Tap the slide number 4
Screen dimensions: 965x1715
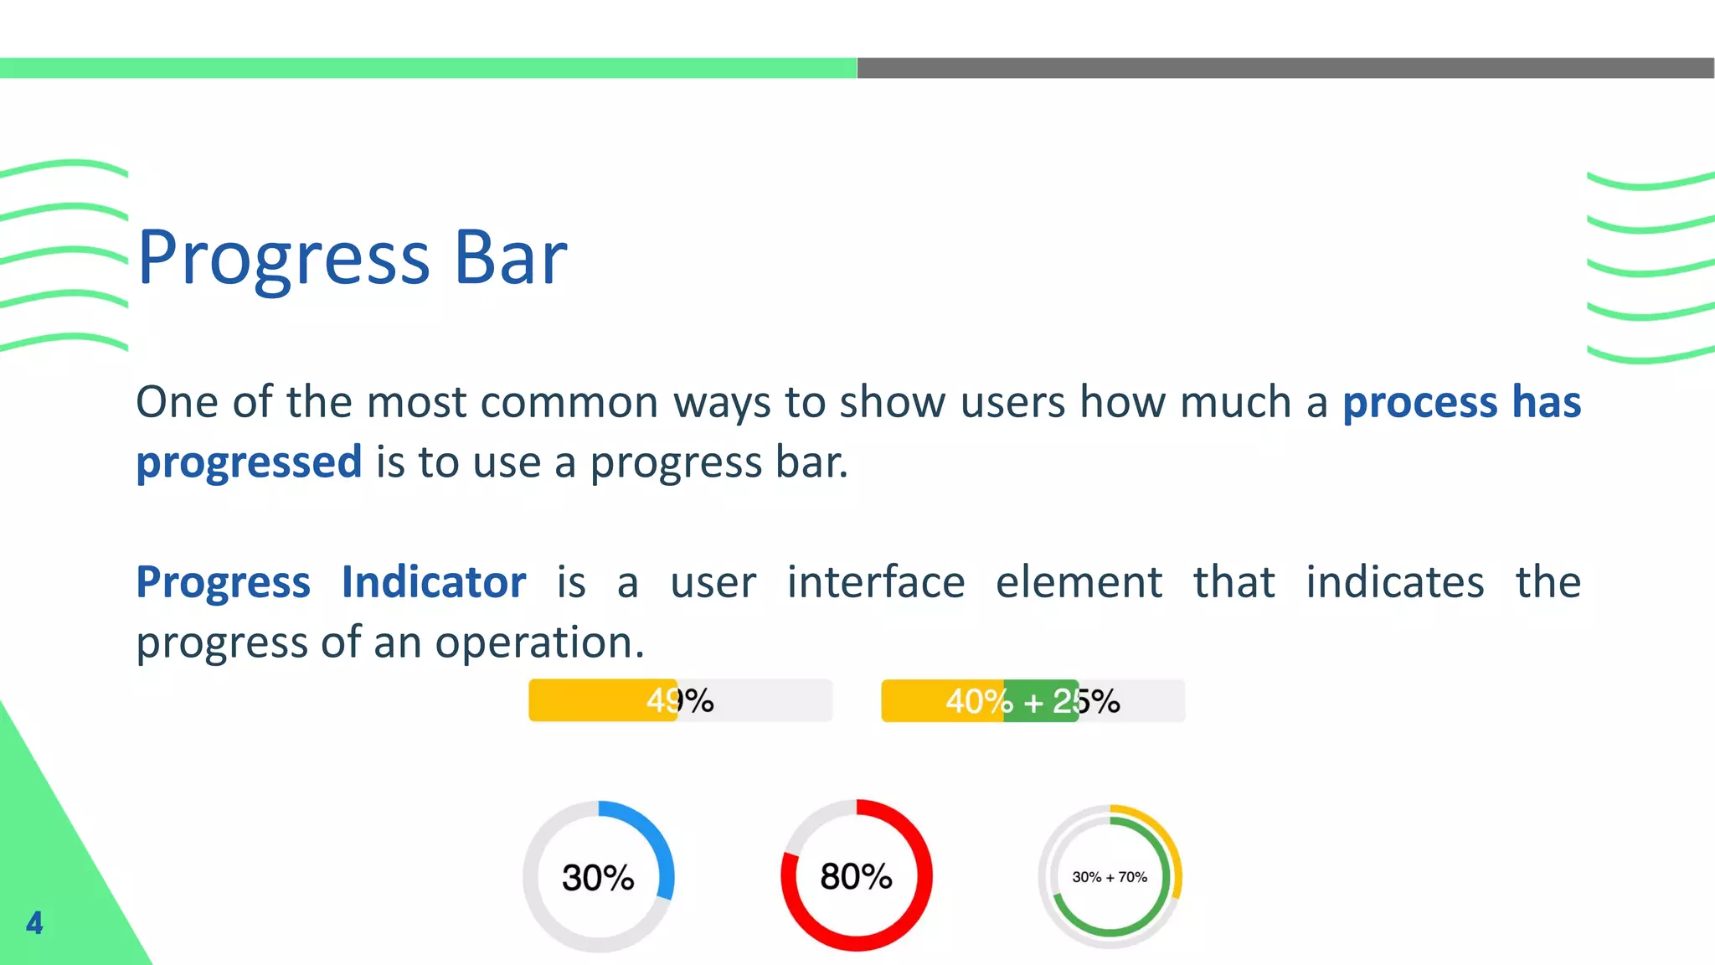point(34,922)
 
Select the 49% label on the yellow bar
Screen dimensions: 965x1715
point(679,700)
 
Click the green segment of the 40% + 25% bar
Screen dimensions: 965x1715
point(1041,700)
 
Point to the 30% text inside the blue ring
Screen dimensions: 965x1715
point(598,877)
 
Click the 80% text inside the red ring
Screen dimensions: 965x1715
point(856,876)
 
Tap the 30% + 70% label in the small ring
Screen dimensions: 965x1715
point(1110,877)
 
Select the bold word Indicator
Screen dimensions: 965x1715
point(434,581)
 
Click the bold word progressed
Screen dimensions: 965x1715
point(249,462)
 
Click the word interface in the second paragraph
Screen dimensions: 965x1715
point(875,581)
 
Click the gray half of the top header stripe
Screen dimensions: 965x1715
point(1285,68)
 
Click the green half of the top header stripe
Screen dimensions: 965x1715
point(428,68)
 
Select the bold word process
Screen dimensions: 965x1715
point(1419,402)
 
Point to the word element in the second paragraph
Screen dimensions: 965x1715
point(1079,581)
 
